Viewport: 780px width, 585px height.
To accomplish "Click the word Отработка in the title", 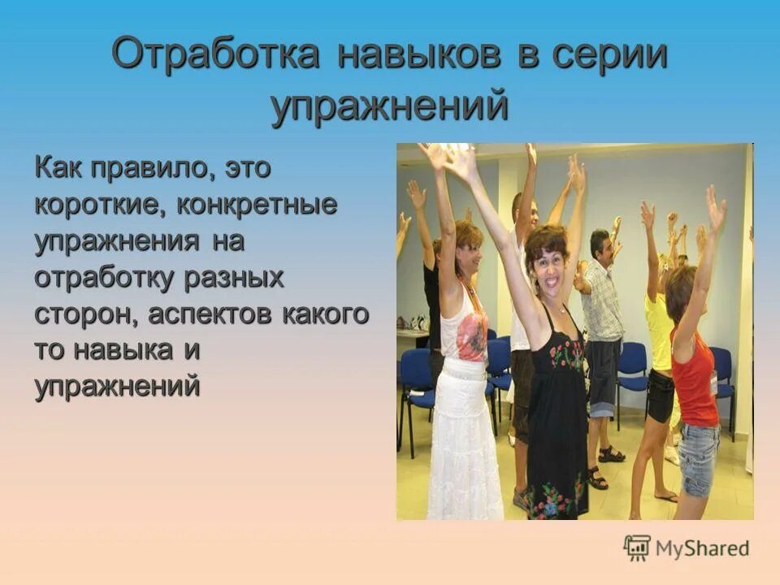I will coord(215,55).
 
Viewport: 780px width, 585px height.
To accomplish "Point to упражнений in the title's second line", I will coord(390,106).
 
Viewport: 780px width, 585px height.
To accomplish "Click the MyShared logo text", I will coord(702,548).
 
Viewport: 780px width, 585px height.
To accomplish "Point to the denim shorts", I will coord(698,460).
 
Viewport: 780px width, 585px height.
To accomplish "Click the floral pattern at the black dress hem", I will coord(556,497).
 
